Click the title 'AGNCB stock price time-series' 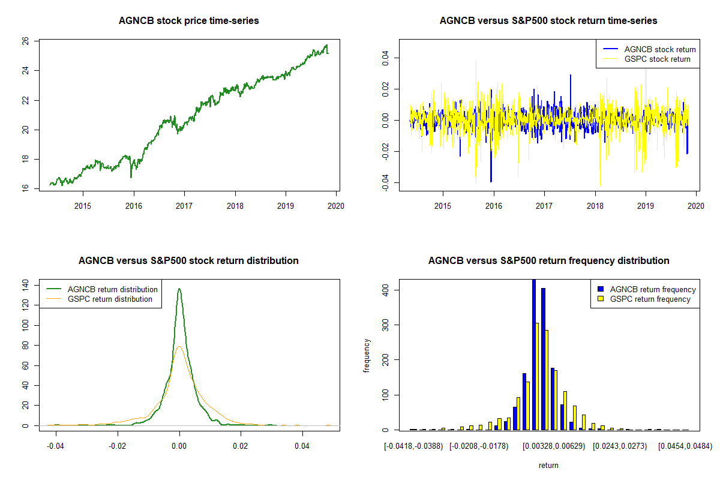click(188, 20)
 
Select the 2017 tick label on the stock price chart click(184, 206)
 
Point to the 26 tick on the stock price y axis click(25, 41)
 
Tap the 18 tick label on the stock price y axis click(25, 159)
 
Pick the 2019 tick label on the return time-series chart click(646, 206)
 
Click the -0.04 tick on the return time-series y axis click(385, 182)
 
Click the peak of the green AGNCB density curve click(179, 289)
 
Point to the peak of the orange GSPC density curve click(179, 346)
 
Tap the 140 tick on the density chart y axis click(25, 285)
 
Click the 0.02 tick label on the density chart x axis click(241, 446)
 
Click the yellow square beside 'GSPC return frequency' click(601, 299)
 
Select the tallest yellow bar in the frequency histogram click(537, 376)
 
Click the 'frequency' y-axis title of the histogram click(367, 356)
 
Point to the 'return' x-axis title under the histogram click(548, 465)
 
